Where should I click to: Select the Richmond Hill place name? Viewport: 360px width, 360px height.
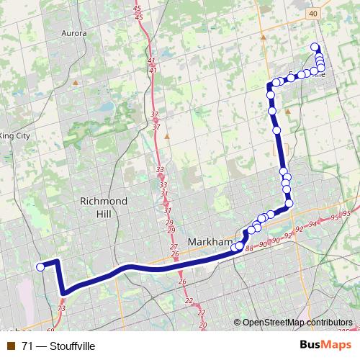[104, 207]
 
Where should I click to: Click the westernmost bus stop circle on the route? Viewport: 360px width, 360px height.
[40, 266]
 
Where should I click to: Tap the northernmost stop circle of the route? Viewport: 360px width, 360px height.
[315, 48]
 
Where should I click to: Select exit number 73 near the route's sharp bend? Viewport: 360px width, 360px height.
[61, 308]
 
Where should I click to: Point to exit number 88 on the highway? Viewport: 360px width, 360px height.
[249, 248]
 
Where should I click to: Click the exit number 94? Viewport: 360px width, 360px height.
[312, 225]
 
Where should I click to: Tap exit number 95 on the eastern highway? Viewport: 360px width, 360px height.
[335, 217]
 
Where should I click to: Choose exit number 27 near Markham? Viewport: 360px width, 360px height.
[174, 247]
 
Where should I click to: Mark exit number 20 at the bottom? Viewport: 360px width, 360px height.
[202, 325]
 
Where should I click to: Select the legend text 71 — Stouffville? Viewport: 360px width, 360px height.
[59, 346]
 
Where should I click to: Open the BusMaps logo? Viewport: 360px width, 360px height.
[325, 345]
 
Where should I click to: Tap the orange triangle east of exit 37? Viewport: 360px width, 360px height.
[167, 135]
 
